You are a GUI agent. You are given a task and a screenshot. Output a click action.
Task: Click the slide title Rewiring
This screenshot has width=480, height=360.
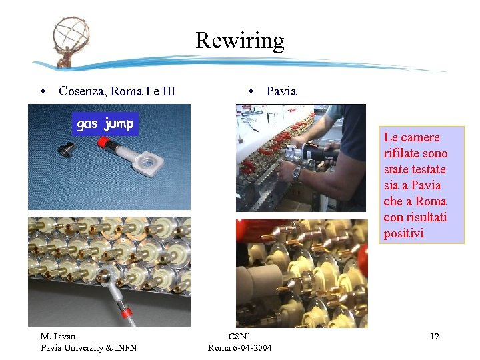click(x=240, y=41)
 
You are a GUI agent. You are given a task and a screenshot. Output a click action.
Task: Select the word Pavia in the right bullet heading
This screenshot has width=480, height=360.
click(x=281, y=91)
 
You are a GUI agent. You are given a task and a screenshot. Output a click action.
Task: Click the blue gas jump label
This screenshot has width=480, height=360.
click(x=105, y=124)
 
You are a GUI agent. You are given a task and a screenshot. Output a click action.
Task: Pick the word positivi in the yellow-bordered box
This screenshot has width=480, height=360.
click(x=403, y=233)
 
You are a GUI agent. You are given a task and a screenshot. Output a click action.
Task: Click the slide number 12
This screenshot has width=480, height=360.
click(x=435, y=337)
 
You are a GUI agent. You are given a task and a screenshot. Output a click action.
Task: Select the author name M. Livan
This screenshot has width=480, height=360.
click(x=59, y=337)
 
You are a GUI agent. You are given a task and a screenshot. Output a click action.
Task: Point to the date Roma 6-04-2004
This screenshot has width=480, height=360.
click(x=240, y=347)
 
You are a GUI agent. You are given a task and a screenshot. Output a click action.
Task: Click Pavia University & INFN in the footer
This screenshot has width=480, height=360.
click(x=89, y=347)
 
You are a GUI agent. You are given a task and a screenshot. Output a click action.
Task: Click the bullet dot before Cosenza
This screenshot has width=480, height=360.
click(x=42, y=91)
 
